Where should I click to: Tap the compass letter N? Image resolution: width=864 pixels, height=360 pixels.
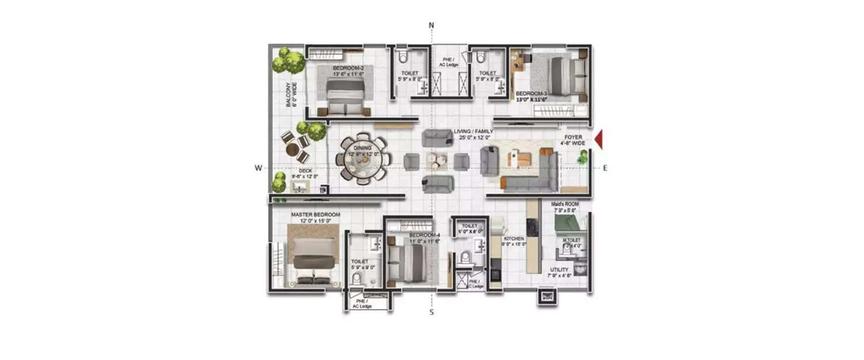[431, 25]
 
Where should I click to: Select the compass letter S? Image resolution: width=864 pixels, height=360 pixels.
[431, 313]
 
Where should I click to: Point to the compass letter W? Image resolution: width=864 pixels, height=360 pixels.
[259, 168]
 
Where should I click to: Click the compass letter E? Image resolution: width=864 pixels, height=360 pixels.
[605, 168]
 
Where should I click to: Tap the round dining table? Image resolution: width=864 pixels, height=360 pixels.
[363, 160]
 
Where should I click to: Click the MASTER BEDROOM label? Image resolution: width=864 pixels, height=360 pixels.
[315, 215]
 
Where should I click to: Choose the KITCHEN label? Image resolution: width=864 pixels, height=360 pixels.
[514, 238]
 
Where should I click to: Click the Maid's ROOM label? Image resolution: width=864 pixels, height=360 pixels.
[564, 204]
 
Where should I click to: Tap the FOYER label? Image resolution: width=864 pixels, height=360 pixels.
[573, 137]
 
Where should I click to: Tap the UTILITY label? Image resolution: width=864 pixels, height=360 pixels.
[559, 270]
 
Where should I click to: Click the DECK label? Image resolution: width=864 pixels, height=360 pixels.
[298, 170]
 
